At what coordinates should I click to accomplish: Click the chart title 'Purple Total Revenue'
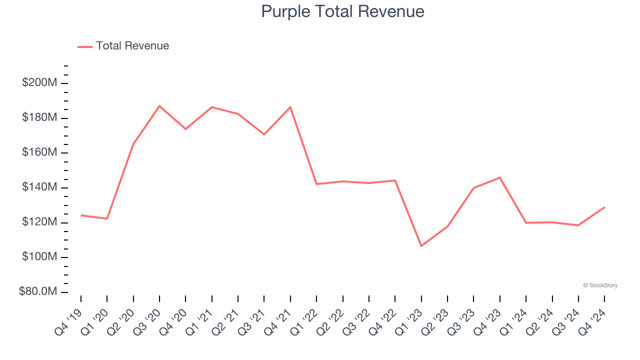click(x=342, y=11)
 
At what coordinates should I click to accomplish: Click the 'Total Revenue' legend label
click(x=132, y=46)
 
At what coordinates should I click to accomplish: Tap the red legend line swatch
click(x=85, y=46)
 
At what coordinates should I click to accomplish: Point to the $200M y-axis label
click(x=39, y=83)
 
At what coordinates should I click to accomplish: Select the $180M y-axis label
click(x=39, y=118)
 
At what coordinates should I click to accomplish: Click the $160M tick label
click(x=39, y=152)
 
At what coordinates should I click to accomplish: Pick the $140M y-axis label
click(x=39, y=187)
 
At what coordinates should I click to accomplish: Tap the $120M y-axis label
click(x=39, y=222)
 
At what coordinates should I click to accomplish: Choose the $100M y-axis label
click(x=39, y=257)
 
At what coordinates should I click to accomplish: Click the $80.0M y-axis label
click(x=38, y=292)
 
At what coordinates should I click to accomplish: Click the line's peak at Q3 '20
click(x=159, y=106)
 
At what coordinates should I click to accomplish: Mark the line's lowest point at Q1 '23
click(x=421, y=246)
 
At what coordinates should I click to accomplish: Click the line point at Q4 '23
click(x=500, y=177)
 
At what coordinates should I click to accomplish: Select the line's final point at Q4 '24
click(x=604, y=207)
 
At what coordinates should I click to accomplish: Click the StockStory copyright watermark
click(x=600, y=285)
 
